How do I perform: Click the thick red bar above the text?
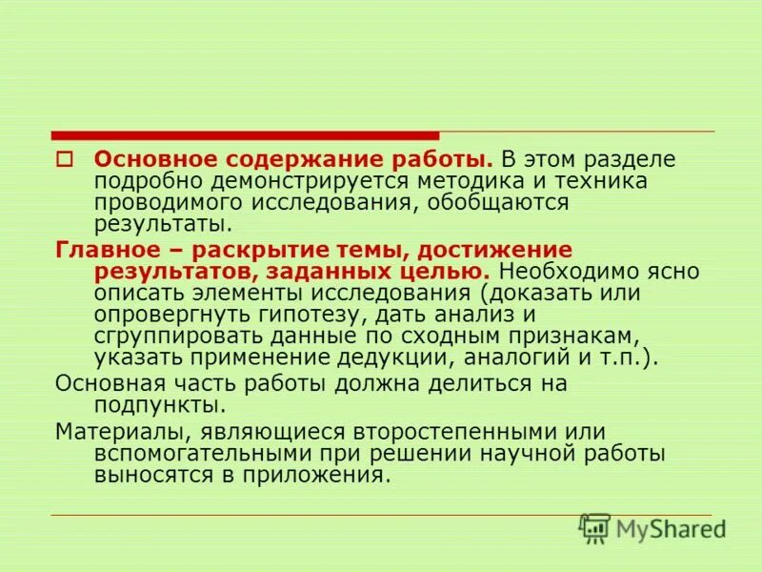point(246,135)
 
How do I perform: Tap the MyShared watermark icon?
point(595,528)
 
